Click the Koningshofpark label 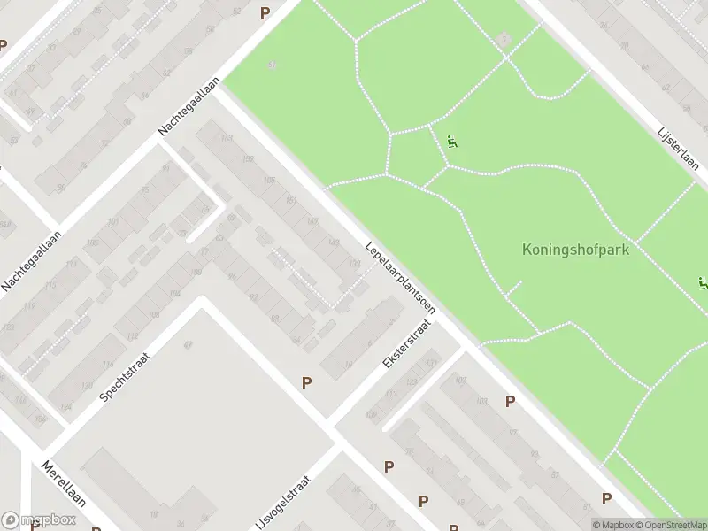pyautogui.click(x=575, y=250)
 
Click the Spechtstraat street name pyautogui.click(x=126, y=376)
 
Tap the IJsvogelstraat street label pyautogui.click(x=286, y=499)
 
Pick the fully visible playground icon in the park pyautogui.click(x=452, y=142)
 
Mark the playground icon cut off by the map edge pyautogui.click(x=703, y=284)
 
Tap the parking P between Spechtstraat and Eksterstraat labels pyautogui.click(x=306, y=383)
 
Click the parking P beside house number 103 pyautogui.click(x=510, y=401)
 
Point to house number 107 pyautogui.click(x=460, y=381)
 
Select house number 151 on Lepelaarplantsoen pyautogui.click(x=291, y=202)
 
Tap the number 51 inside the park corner pyautogui.click(x=273, y=65)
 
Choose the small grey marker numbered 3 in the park pyautogui.click(x=504, y=39)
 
